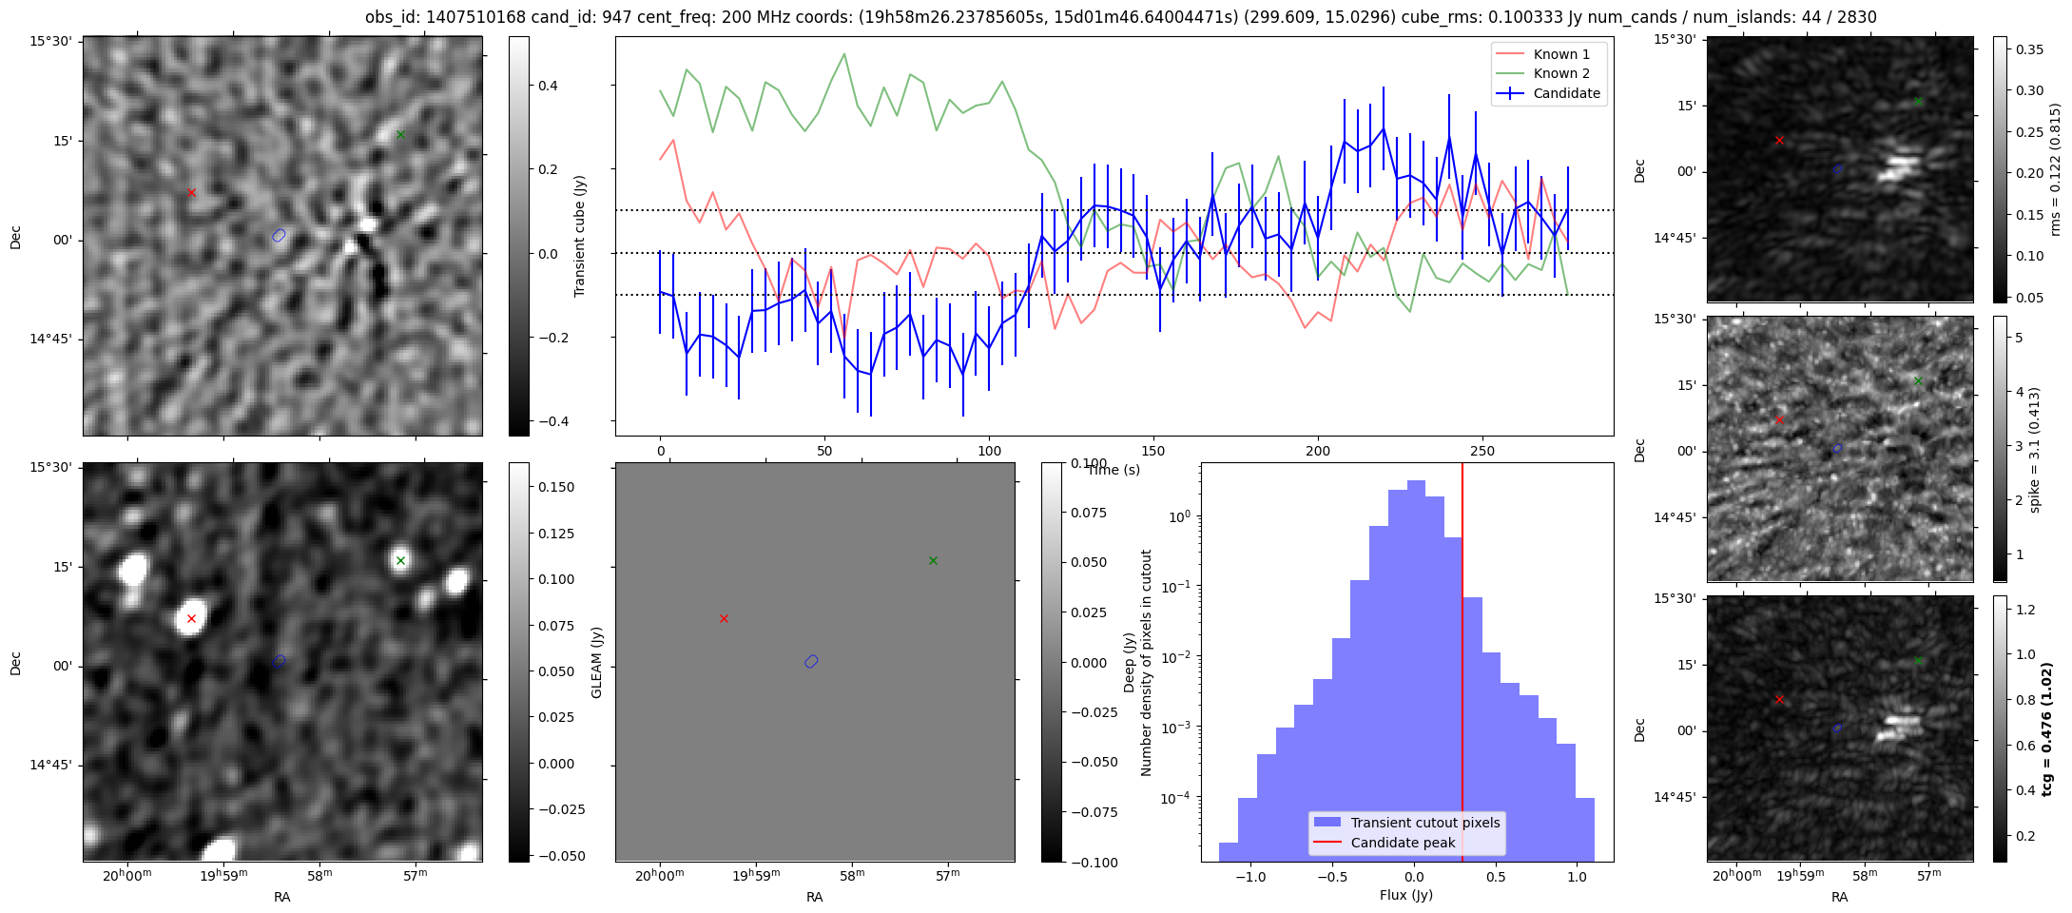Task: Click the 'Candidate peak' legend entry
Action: pos(1403,843)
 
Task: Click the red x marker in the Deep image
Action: pos(191,618)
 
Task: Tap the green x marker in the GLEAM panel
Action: pos(933,560)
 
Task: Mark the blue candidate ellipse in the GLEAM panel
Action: pos(811,661)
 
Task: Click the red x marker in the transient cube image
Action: pos(191,192)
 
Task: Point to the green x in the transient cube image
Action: pos(400,134)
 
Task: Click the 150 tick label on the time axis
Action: pos(1153,451)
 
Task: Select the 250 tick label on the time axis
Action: pos(1482,451)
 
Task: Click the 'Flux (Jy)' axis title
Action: pos(1405,895)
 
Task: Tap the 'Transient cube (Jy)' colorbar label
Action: pos(579,236)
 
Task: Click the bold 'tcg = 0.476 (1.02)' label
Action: pos(2047,728)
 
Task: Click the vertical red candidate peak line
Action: pos(1462,666)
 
